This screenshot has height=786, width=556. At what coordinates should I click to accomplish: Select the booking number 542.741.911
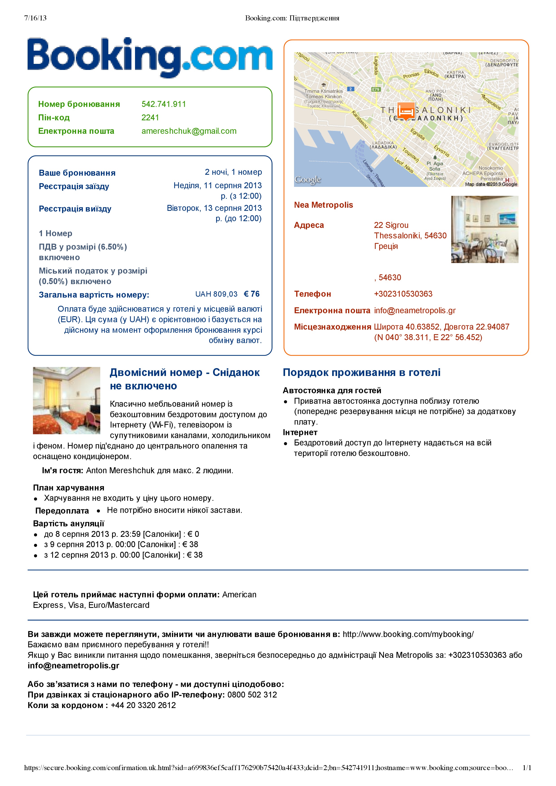[x=164, y=104]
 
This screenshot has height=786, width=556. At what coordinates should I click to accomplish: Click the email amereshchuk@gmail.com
[x=189, y=131]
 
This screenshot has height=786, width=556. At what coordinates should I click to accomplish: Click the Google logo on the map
[x=308, y=179]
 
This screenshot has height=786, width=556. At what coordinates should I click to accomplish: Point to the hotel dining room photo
[x=484, y=229]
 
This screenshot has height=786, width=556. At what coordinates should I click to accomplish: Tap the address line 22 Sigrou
[x=391, y=225]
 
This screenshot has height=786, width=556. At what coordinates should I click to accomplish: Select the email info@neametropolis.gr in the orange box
[x=414, y=311]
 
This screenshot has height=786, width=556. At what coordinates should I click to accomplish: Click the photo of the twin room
[x=66, y=401]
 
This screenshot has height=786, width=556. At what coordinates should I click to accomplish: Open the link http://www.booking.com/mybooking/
[x=408, y=634]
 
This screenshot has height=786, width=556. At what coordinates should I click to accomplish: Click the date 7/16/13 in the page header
[x=35, y=18]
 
